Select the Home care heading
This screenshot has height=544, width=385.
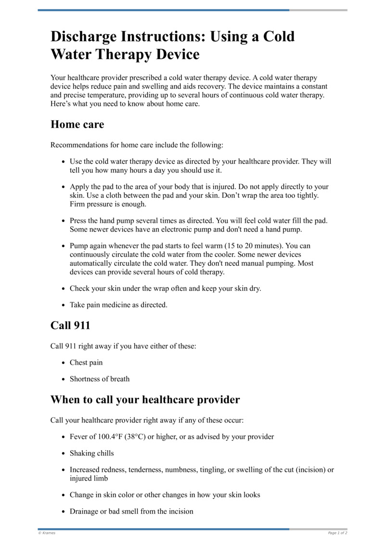click(77, 124)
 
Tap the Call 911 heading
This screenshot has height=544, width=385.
click(70, 325)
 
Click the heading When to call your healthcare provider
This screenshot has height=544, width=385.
click(145, 400)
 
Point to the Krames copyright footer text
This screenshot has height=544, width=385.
click(47, 533)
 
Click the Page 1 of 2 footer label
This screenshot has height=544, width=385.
click(337, 533)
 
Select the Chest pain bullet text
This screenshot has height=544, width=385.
click(86, 363)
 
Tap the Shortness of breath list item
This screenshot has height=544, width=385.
click(100, 379)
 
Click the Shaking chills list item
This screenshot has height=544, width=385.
click(92, 453)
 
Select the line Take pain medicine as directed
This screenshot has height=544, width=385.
click(118, 305)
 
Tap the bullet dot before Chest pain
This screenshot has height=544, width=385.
click(64, 363)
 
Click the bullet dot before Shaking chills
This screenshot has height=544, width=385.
click(64, 453)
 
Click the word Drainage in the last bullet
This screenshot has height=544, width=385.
click(84, 511)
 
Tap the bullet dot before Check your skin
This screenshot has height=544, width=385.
click(64, 289)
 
